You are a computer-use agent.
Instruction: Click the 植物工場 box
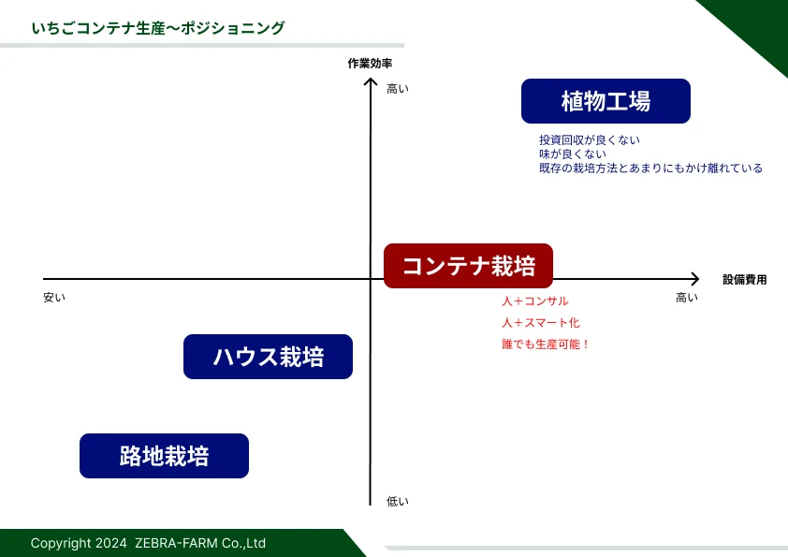606,101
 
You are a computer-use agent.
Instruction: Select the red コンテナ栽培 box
468,266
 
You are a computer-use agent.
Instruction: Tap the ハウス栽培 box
268,357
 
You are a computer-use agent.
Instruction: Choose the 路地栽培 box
164,456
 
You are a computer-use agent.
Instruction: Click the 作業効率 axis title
370,64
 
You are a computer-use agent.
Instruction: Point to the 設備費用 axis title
745,280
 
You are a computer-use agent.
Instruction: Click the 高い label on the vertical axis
398,89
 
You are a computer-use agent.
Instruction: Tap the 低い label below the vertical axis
398,501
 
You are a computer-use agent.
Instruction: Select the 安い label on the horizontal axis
54,298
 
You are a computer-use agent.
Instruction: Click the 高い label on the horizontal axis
687,298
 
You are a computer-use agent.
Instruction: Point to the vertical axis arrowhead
371,80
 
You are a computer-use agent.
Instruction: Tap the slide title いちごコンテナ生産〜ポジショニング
158,28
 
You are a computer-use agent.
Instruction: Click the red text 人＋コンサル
534,301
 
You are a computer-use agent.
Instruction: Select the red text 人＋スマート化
540,323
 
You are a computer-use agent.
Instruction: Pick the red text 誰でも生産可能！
546,344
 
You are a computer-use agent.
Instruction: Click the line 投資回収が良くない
590,139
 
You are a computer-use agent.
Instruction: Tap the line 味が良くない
573,154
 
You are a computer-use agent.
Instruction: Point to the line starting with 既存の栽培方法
650,168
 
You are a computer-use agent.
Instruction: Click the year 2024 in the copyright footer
111,544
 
